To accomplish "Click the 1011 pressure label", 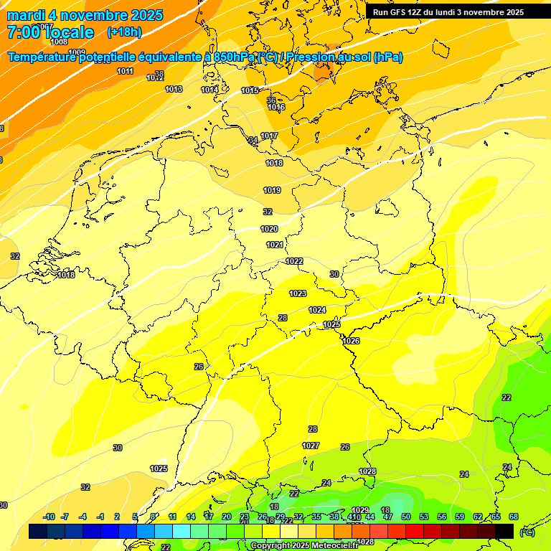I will pyautogui.click(x=126, y=71).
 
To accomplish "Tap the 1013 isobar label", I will pyautogui.click(x=174, y=89).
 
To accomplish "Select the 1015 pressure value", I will pyautogui.click(x=250, y=90).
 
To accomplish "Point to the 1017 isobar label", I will pyautogui.click(x=269, y=136).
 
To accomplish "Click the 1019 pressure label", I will pyautogui.click(x=272, y=190).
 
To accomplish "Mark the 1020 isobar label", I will pyautogui.click(x=269, y=229).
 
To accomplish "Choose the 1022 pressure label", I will pyautogui.click(x=294, y=261).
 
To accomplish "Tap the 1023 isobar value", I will pyautogui.click(x=298, y=293).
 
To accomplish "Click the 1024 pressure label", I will pyautogui.click(x=317, y=310).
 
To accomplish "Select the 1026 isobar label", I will pyautogui.click(x=351, y=341).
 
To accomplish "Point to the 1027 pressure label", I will pyautogui.click(x=311, y=446).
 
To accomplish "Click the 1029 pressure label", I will pyautogui.click(x=360, y=510).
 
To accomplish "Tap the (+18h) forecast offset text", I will pyautogui.click(x=124, y=32).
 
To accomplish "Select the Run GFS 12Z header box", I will pyautogui.click(x=448, y=12).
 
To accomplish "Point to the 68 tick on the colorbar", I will pyautogui.click(x=514, y=517).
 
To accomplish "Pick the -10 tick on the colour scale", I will pyautogui.click(x=50, y=517).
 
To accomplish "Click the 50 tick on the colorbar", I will pyautogui.click(x=406, y=517).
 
